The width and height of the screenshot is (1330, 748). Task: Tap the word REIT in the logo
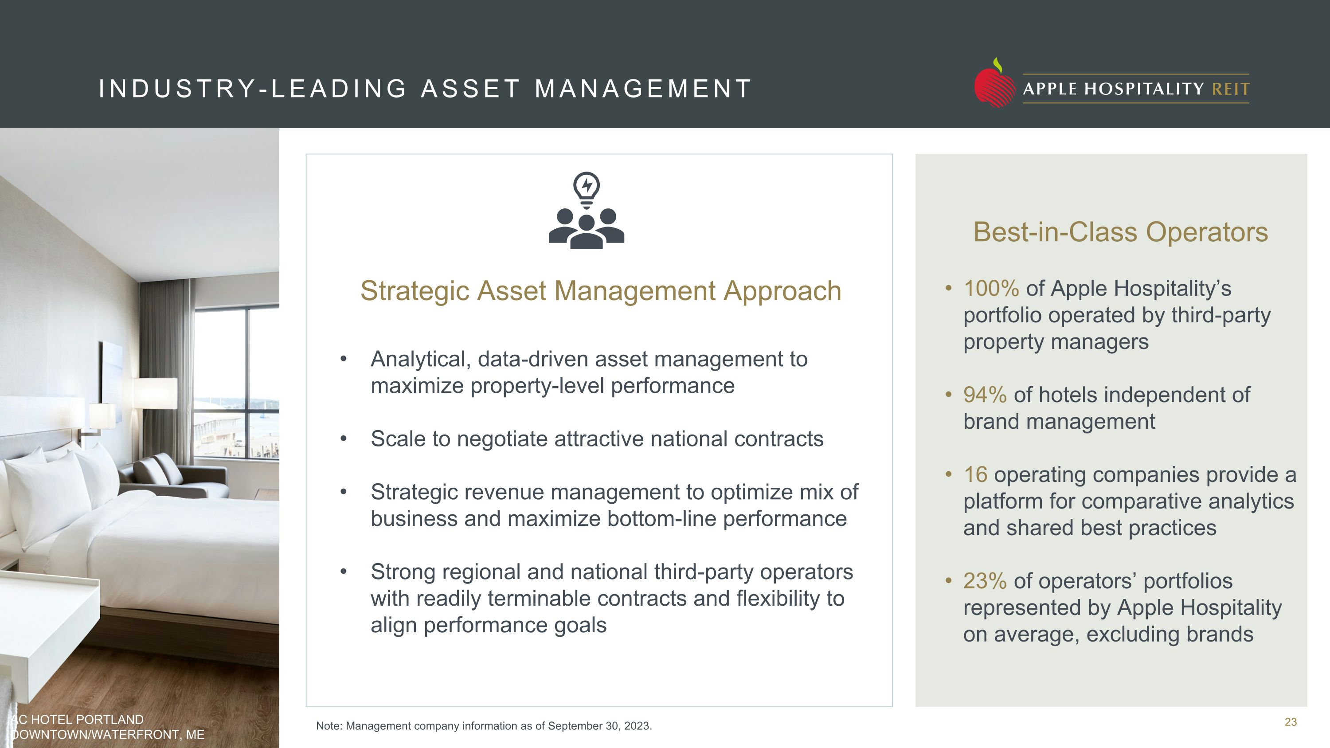1230,89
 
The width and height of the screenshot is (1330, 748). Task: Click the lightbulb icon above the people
587,189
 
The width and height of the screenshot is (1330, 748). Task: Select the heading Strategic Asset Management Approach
600,290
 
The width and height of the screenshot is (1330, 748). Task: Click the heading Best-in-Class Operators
1120,232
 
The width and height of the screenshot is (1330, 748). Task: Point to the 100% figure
991,289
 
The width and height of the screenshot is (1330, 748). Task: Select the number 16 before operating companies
975,475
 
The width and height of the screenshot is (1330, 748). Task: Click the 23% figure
985,581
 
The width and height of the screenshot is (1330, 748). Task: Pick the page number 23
1290,722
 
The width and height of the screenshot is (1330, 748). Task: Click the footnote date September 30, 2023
599,726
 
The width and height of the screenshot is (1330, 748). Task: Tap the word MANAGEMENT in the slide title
643,89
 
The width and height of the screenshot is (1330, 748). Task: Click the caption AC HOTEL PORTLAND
78,720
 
